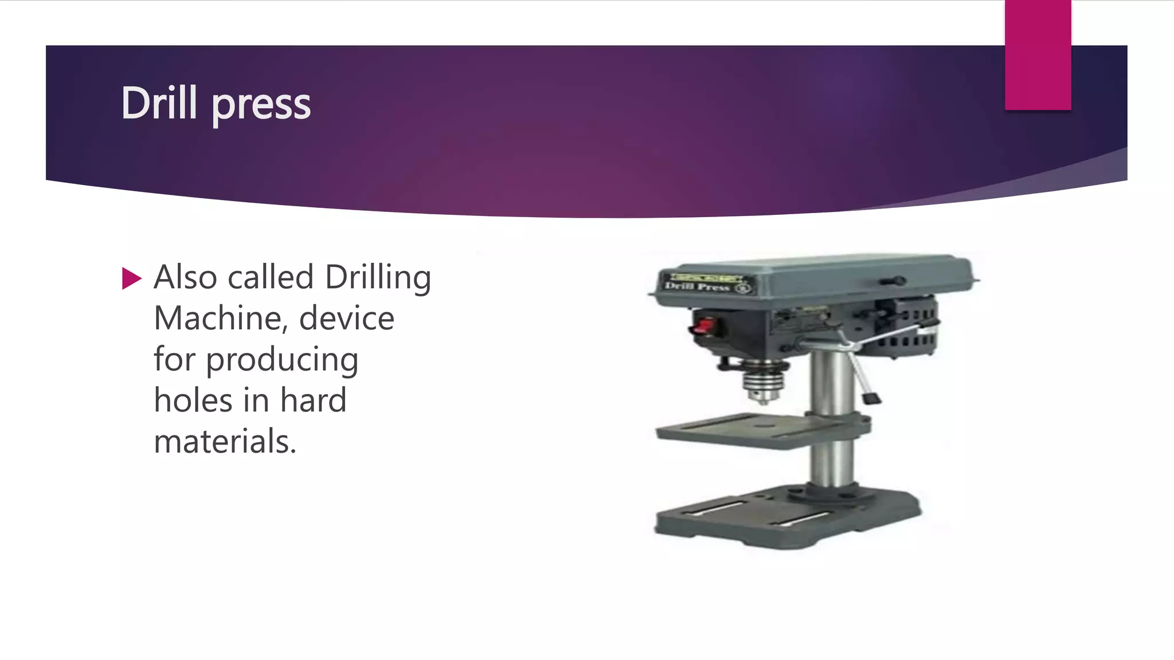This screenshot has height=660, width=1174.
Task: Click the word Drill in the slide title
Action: (x=159, y=103)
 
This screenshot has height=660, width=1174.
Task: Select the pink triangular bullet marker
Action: (x=131, y=279)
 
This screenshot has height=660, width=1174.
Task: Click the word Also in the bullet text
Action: (x=185, y=277)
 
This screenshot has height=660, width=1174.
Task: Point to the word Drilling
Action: (x=378, y=278)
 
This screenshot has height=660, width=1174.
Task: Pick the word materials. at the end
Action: (x=225, y=442)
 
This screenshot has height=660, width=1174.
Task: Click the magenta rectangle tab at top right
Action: (x=1038, y=55)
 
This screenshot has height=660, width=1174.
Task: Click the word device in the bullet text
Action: (x=346, y=319)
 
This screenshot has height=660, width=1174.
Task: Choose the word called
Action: (x=271, y=277)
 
